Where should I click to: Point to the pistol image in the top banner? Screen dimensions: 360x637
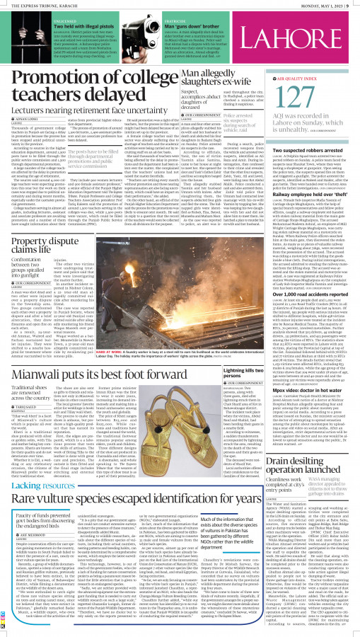coord(18,36)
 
